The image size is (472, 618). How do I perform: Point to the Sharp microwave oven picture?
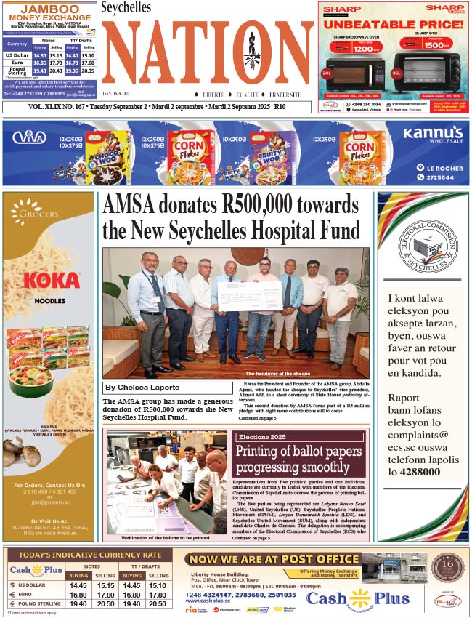[x=356, y=73]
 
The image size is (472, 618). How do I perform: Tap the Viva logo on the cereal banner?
[x=29, y=136]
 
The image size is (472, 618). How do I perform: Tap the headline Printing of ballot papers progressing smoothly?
[x=298, y=460]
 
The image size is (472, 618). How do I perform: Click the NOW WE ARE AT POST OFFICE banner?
[x=271, y=559]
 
